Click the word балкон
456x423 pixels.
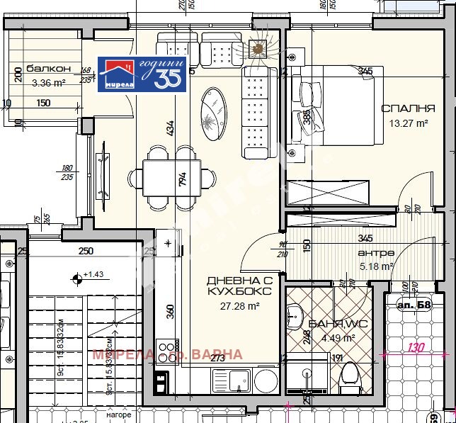(x=49, y=69)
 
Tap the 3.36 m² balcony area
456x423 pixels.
(x=49, y=82)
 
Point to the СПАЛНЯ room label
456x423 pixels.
(x=408, y=108)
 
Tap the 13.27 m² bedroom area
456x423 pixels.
(x=408, y=123)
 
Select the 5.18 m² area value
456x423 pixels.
(x=376, y=267)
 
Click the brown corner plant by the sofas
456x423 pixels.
(x=258, y=49)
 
